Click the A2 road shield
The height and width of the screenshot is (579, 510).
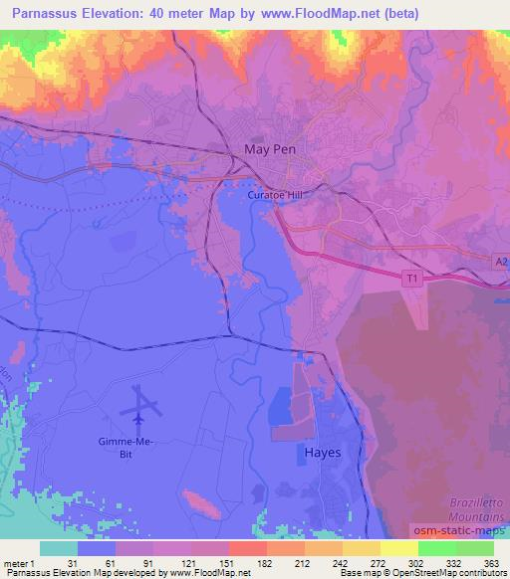coord(501,261)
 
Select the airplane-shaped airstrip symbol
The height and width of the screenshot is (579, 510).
coord(143,405)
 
